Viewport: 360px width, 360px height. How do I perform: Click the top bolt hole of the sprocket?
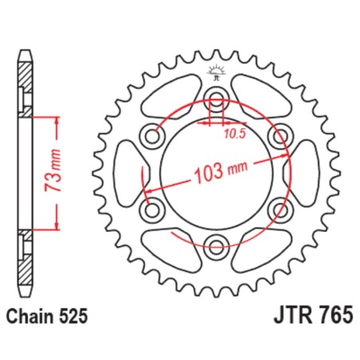[215, 100]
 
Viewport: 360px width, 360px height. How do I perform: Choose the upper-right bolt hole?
[278, 136]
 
